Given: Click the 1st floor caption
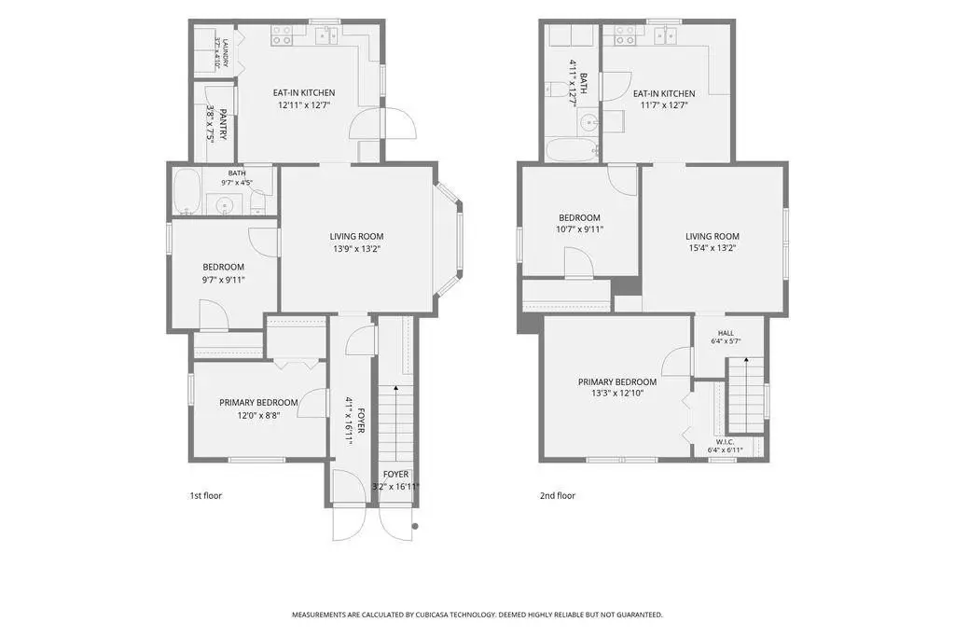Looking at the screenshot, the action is pos(206,496).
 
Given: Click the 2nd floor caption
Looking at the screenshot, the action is pos(558,496).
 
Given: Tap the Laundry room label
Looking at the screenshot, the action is pos(225,53).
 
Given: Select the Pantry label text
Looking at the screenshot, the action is pos(223,124).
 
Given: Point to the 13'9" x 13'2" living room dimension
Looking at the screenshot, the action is pos(357,249).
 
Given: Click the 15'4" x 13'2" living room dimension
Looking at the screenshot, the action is pos(712,248).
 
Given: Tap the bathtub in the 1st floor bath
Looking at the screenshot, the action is pos(187,191).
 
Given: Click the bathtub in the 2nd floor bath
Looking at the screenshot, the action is pos(572,150).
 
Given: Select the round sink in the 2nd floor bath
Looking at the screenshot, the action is pos(589,123).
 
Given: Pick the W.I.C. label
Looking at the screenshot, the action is pos(725,442).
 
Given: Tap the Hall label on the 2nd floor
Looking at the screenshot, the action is pos(726,333).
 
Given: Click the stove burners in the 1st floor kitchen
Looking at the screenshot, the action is pos(282,35).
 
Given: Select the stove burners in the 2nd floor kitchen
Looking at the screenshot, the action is pos(624,35).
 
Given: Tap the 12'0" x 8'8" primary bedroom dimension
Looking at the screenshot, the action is pos(259,416).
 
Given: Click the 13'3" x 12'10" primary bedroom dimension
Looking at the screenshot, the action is pos(617,394).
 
